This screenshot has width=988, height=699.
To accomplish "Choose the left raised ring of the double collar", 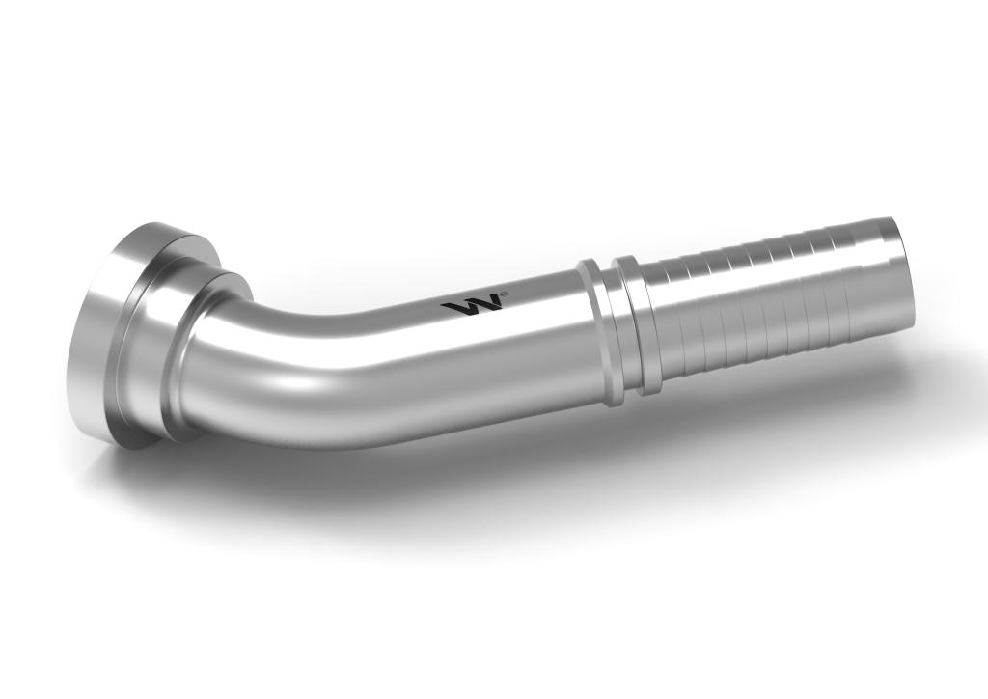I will click(x=595, y=323).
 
